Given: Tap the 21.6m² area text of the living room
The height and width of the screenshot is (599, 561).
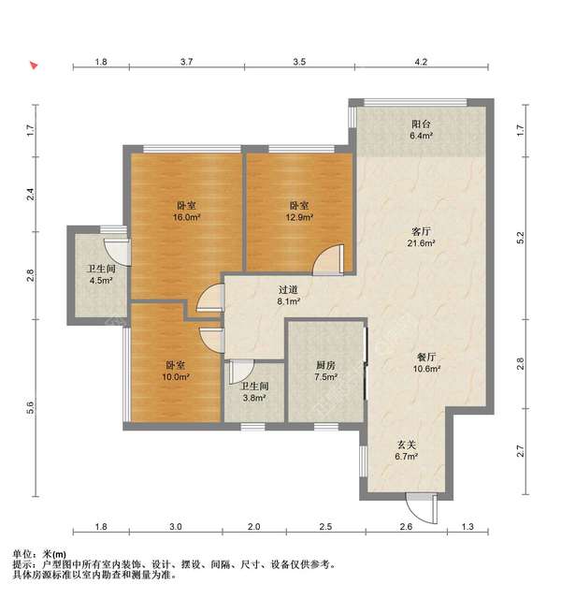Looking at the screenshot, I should click(420, 242).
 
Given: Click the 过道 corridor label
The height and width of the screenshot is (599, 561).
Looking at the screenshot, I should click(288, 289).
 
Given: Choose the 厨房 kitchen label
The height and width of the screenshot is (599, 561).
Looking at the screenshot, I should click(325, 365).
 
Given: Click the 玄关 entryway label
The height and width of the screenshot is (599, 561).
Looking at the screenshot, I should click(405, 445).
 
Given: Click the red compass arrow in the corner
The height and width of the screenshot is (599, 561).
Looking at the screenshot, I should click(34, 66).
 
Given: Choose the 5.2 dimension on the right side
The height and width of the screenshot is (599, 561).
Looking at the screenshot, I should click(521, 240).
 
